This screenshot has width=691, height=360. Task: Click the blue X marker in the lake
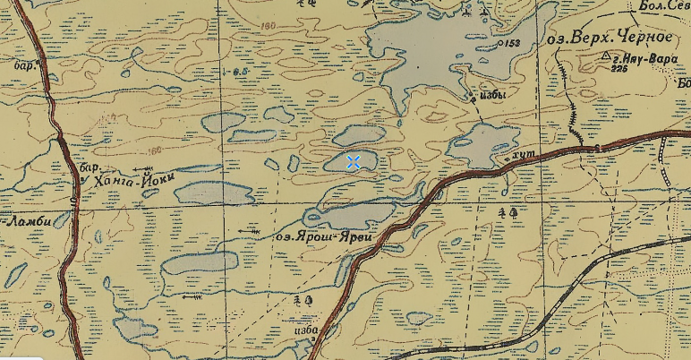[354, 161]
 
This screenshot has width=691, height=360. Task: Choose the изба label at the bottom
[304, 329]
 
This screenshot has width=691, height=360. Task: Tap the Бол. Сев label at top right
[658, 7]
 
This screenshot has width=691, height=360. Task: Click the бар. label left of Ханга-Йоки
[87, 167]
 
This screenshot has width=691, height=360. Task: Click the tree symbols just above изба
[307, 301]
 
